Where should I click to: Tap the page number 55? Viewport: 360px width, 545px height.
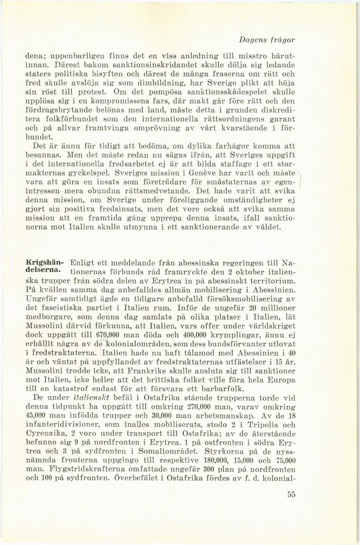click(290, 495)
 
